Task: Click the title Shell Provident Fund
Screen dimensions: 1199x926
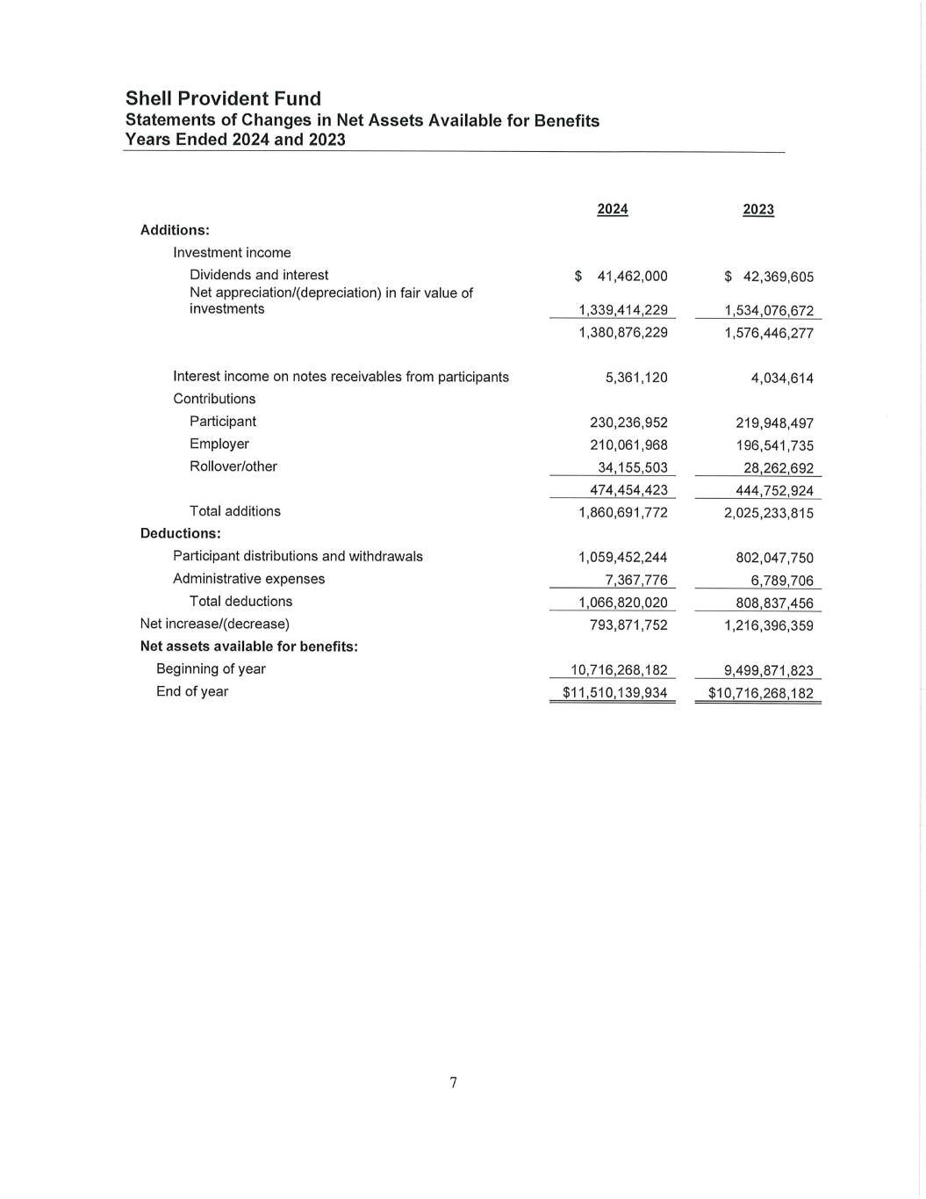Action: click(x=223, y=98)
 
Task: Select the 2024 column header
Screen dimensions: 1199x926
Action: click(x=612, y=209)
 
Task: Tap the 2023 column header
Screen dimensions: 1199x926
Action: click(x=758, y=209)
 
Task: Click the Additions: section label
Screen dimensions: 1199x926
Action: click(x=175, y=230)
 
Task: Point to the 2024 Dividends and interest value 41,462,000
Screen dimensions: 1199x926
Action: click(x=632, y=277)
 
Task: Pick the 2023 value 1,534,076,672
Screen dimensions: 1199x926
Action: click(x=769, y=311)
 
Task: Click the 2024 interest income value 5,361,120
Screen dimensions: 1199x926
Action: click(x=636, y=378)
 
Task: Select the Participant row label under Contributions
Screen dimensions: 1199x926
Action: click(x=223, y=422)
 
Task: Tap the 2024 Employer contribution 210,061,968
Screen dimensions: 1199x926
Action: click(x=628, y=445)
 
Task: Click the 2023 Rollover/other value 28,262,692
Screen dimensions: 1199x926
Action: click(x=779, y=468)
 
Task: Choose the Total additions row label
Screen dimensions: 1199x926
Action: click(x=235, y=511)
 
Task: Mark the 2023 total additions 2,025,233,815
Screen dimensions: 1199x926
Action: click(x=769, y=513)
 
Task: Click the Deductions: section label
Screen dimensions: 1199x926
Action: click(x=180, y=533)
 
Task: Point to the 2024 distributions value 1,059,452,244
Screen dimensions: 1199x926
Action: click(x=623, y=557)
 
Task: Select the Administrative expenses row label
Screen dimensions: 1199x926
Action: click(x=248, y=579)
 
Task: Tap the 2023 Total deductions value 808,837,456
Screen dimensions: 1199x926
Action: click(x=774, y=603)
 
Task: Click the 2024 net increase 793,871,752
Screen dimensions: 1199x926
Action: click(x=628, y=625)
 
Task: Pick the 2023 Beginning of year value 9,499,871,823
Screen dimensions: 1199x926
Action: click(x=769, y=670)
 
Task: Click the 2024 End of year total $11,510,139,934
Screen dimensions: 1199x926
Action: click(x=615, y=693)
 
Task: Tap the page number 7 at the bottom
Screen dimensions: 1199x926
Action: click(x=454, y=1082)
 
